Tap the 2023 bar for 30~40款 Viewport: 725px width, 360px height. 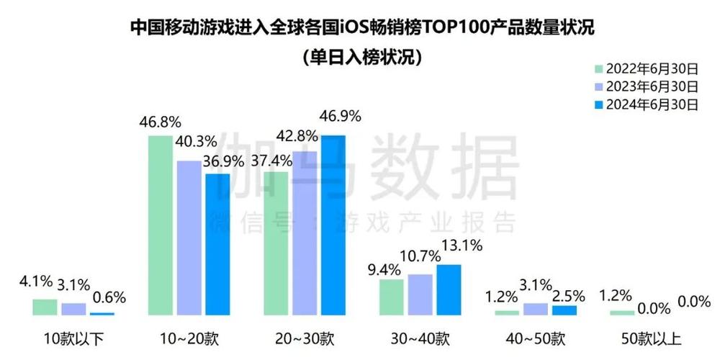click(x=420, y=294)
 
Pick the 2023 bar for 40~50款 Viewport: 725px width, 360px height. click(x=535, y=309)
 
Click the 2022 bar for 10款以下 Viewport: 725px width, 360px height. click(x=45, y=307)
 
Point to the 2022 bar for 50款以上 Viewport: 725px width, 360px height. click(x=621, y=312)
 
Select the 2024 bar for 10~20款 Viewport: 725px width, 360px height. click(x=217, y=244)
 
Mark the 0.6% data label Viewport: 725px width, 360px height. click(x=109, y=297)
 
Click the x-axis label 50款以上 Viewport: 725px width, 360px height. click(x=650, y=338)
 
